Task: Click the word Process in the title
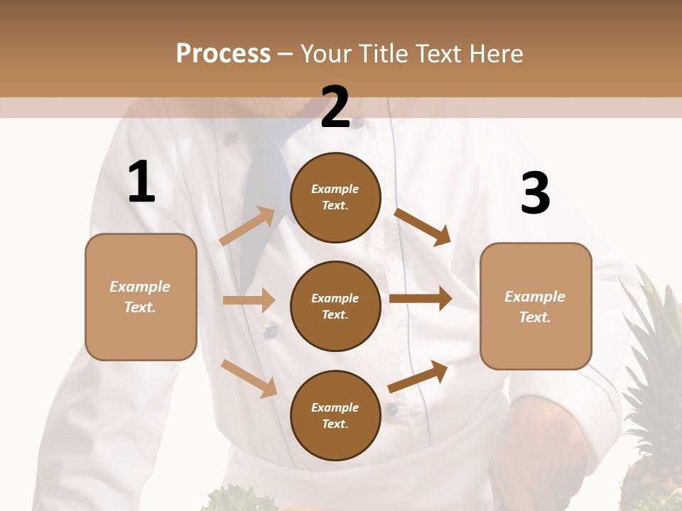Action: coord(223,54)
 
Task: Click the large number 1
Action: coord(141,182)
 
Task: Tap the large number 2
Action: coord(335,107)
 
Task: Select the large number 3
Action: coord(535,194)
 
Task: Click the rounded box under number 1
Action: coord(141,297)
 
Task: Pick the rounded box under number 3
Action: coord(536,306)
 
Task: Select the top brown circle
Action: coord(335,197)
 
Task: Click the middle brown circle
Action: coord(335,306)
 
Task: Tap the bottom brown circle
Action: coord(335,415)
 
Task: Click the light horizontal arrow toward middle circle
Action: coord(249,300)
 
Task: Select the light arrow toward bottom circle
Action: coord(249,378)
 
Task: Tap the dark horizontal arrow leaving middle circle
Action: coord(421,299)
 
